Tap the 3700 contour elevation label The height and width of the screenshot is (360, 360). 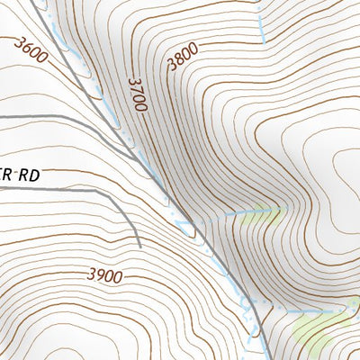click(137, 94)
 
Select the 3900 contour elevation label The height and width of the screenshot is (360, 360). click(104, 276)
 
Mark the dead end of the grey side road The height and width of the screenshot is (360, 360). click(139, 244)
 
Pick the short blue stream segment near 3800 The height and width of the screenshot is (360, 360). click(261, 27)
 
